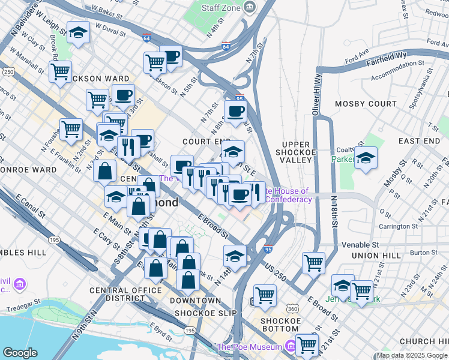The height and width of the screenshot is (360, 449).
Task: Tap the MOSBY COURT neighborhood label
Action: pos(366,104)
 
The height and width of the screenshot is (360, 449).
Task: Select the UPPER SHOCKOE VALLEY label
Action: pos(295,152)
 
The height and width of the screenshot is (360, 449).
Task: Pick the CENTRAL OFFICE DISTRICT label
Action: pos(125,294)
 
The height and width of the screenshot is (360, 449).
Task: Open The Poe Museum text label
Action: pos(249,347)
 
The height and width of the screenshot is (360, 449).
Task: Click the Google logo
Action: pos(20,352)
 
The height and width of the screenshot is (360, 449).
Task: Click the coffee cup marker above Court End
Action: pos(235,112)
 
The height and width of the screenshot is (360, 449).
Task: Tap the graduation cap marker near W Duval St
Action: pos(78,33)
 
